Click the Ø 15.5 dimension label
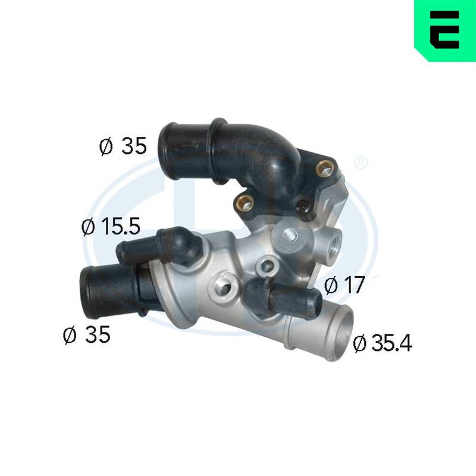pyautogui.click(x=111, y=227)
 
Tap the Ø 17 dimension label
pyautogui.click(x=344, y=285)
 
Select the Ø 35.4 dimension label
pyautogui.click(x=383, y=343)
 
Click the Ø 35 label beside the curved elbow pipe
pyautogui.click(x=123, y=146)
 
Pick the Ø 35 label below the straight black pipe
pyautogui.click(x=86, y=334)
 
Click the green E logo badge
pyautogui.click(x=445, y=30)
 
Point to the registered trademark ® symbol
pyautogui.click(x=361, y=163)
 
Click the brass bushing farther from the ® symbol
pyautogui.click(x=245, y=202)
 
